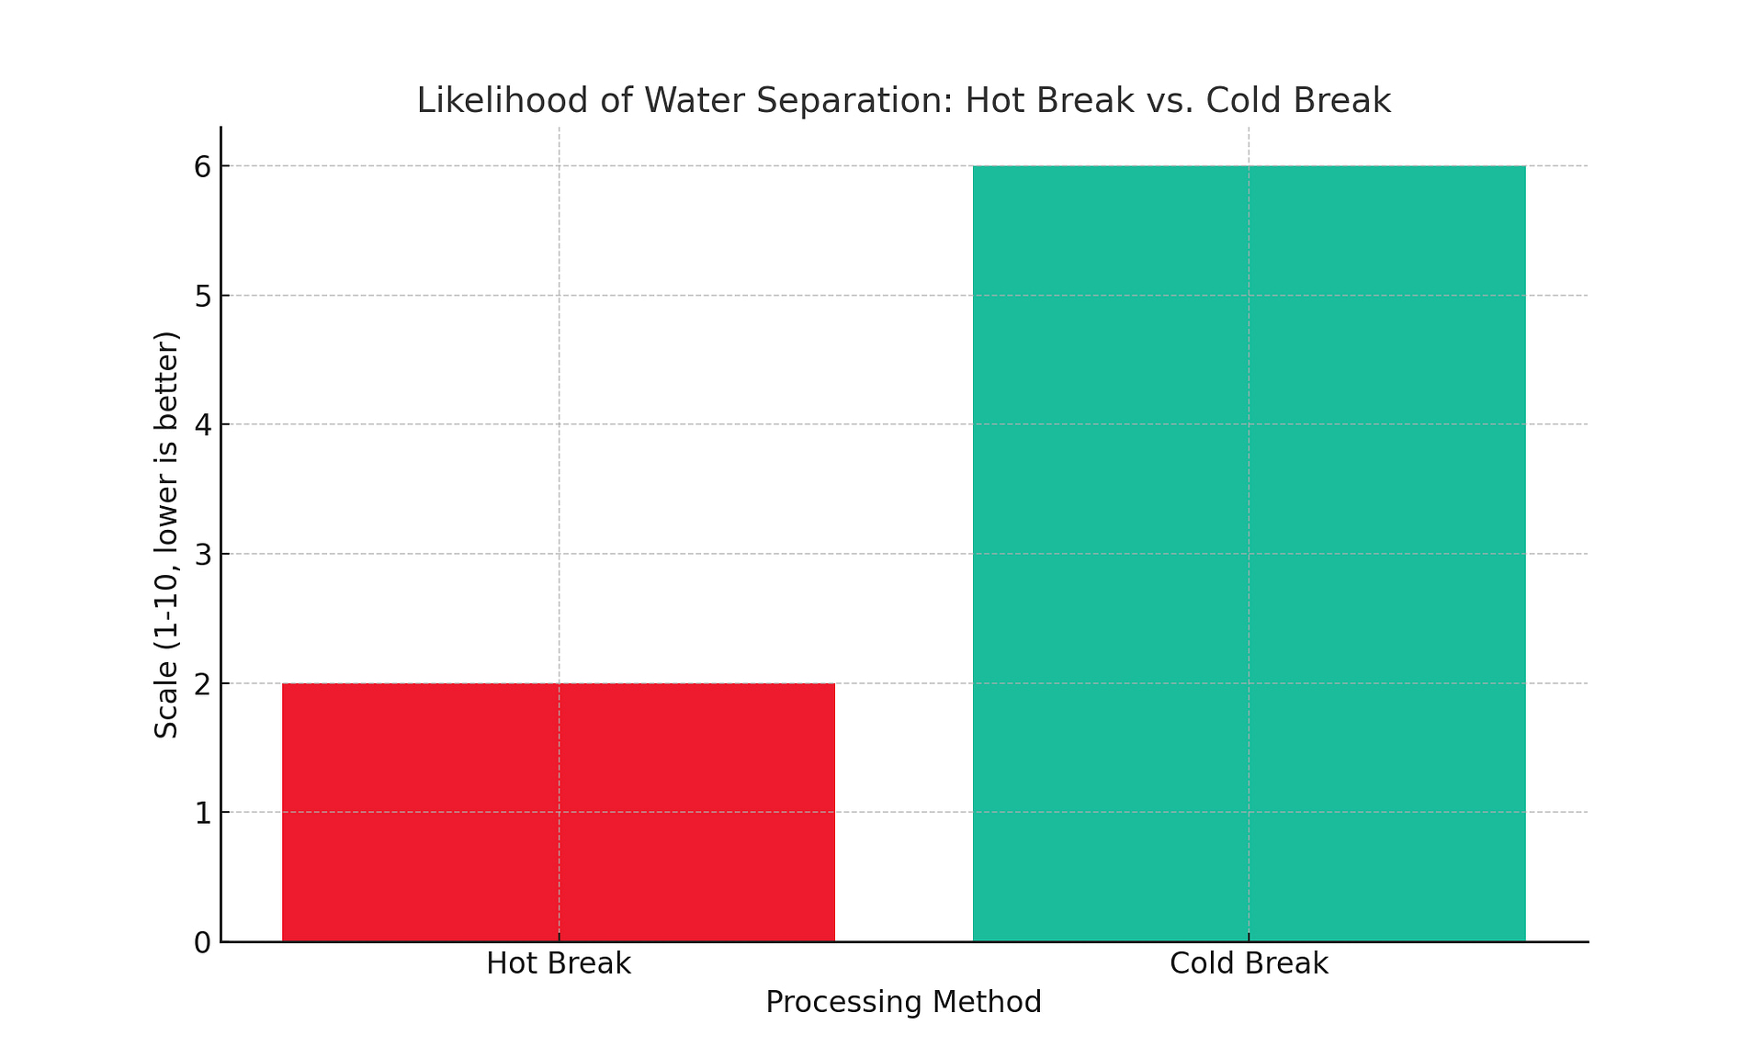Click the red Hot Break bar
coord(559,812)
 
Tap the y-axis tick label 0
coord(202,942)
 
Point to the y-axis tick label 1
coord(202,813)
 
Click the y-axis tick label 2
coord(202,684)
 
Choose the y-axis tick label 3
coord(202,555)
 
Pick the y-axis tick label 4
coord(202,425)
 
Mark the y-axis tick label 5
coord(202,297)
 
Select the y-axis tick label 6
coord(202,167)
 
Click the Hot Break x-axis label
coord(559,963)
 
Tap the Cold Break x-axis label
coord(1249,963)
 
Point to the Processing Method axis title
coord(903,1002)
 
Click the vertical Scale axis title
coord(166,535)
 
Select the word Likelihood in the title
coord(500,100)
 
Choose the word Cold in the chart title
coord(1245,100)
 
